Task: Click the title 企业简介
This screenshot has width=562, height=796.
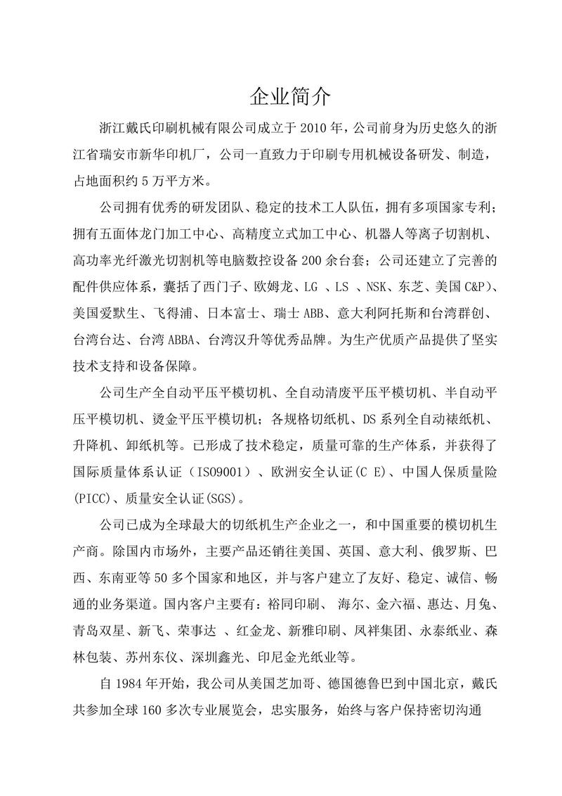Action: pos(281,96)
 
